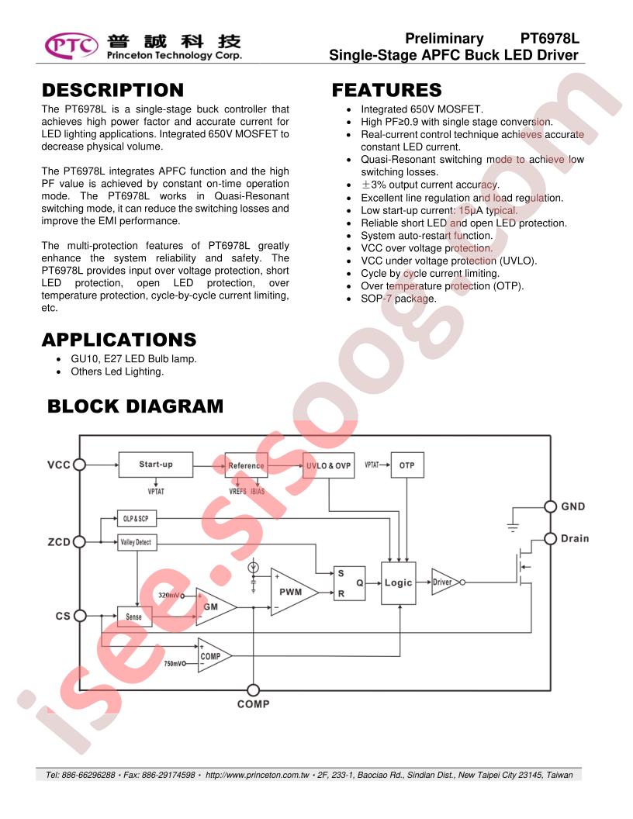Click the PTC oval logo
pos(71,45)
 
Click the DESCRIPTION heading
pos(112,90)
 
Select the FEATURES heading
pos(386,90)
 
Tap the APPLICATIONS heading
pos(119,340)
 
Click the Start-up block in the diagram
pos(156,465)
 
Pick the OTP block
pos(407,465)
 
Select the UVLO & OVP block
pos(328,465)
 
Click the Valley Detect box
pos(136,542)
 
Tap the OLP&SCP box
pos(136,519)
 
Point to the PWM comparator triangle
pos(292,592)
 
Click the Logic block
pos(399,583)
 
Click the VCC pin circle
pos(79,465)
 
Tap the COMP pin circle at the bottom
pos(253,690)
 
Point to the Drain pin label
pos(575,538)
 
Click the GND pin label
pos(573,506)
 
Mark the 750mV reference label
pos(173,663)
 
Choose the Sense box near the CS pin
pos(134,617)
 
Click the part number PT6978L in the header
pos(549,38)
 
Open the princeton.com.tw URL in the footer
pos(257,775)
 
